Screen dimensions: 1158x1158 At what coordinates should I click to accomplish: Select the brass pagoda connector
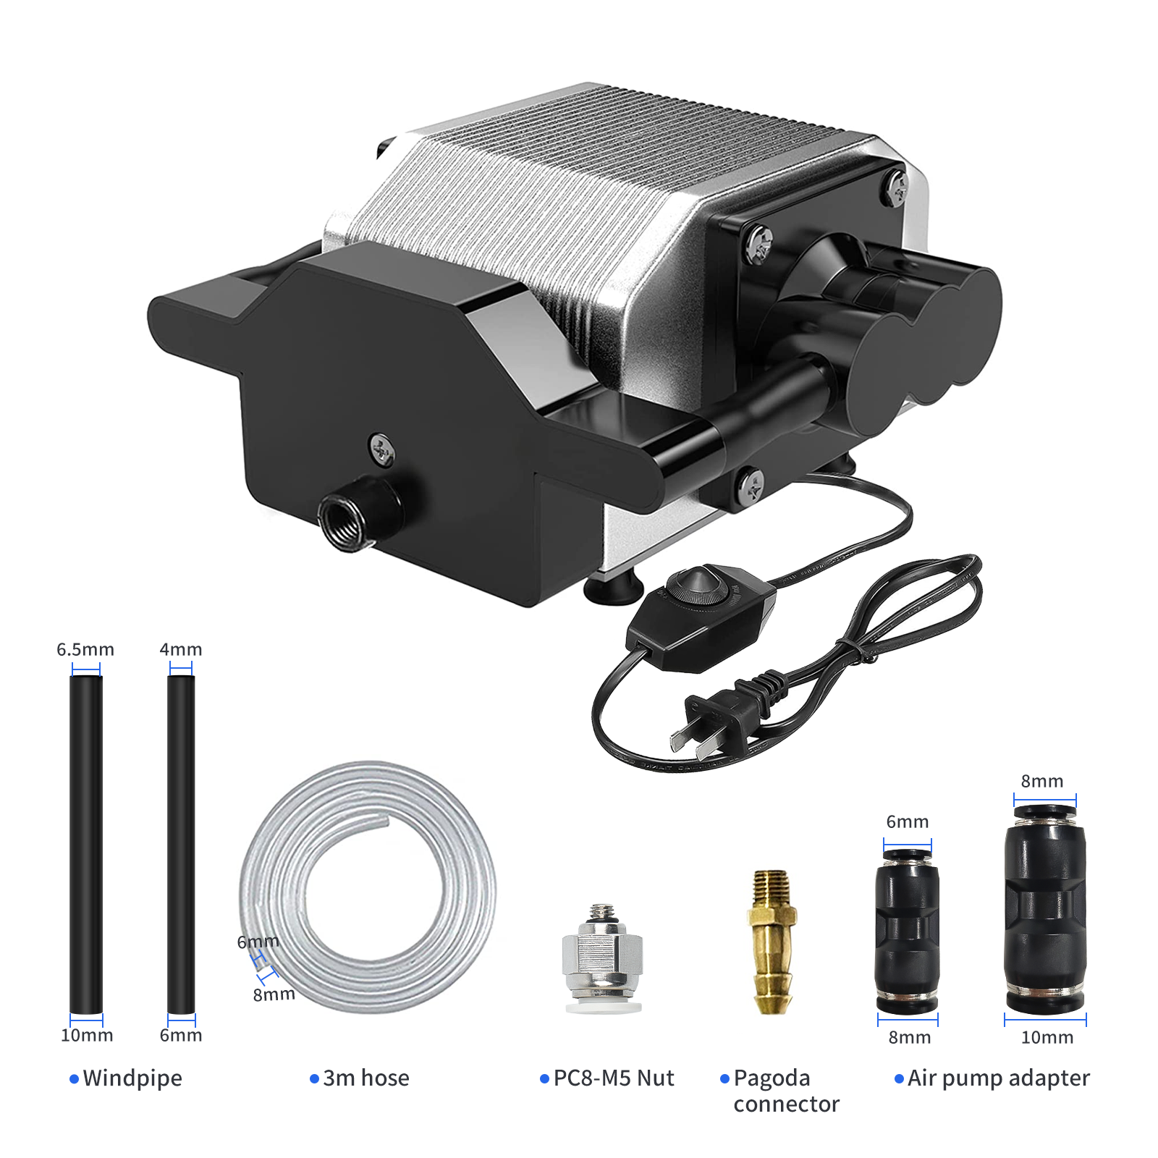pyautogui.click(x=772, y=942)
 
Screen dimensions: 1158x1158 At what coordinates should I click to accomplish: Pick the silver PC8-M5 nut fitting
pyautogui.click(x=602, y=958)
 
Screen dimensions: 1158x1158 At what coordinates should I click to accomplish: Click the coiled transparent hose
pyautogui.click(x=368, y=886)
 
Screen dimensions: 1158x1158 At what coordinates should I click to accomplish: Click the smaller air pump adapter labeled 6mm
pyautogui.click(x=908, y=931)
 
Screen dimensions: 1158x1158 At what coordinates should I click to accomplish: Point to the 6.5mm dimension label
pyautogui.click(x=85, y=649)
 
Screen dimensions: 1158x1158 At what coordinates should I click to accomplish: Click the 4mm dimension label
pyautogui.click(x=181, y=649)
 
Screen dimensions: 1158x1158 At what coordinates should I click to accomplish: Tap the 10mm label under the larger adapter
pyautogui.click(x=1047, y=1037)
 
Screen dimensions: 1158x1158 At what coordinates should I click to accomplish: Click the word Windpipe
pyautogui.click(x=132, y=1078)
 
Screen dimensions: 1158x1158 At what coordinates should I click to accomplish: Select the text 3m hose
pyautogui.click(x=366, y=1078)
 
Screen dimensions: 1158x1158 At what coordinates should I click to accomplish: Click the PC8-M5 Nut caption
pyautogui.click(x=614, y=1078)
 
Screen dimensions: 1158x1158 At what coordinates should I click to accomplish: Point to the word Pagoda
pyautogui.click(x=772, y=1078)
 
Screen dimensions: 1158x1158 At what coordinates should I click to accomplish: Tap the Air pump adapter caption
pyautogui.click(x=999, y=1078)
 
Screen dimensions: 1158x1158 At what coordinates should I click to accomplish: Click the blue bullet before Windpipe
pyautogui.click(x=74, y=1079)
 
